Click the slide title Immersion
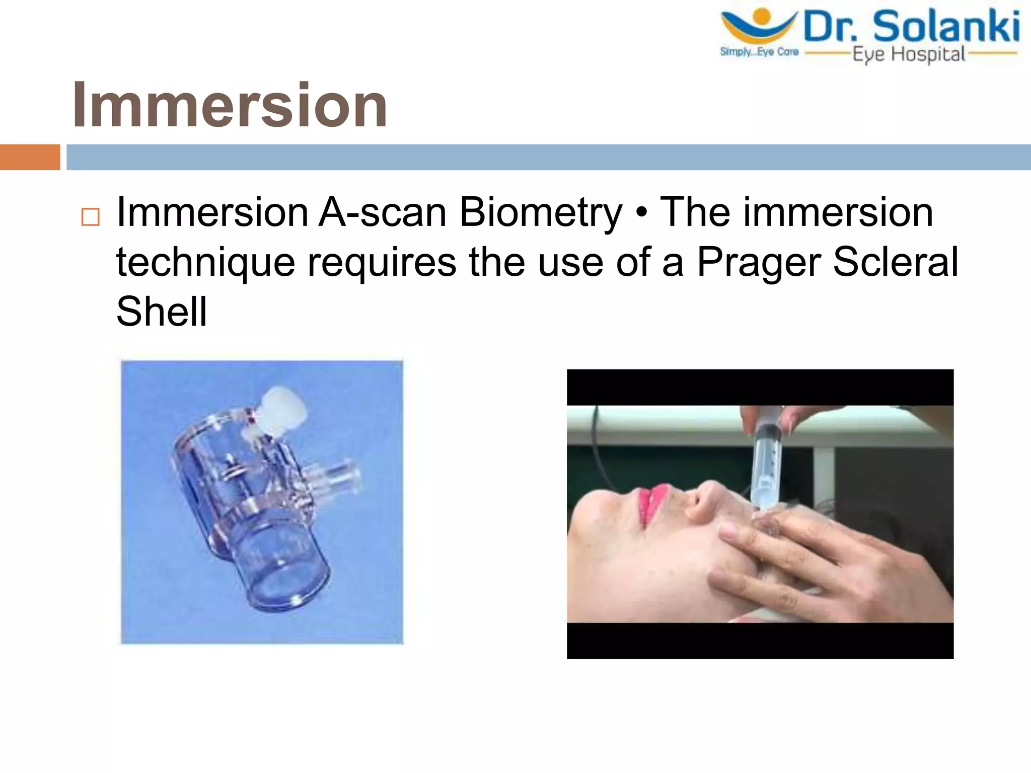(x=230, y=105)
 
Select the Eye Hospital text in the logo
(x=909, y=54)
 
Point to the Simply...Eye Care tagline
(x=759, y=52)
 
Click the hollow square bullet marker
(x=91, y=217)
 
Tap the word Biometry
(x=541, y=212)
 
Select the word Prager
(x=759, y=262)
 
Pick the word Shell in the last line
(x=162, y=311)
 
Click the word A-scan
(x=383, y=212)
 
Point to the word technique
(x=205, y=262)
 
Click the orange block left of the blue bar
(x=30, y=157)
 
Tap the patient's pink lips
(x=652, y=503)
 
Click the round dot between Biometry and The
(x=641, y=213)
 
